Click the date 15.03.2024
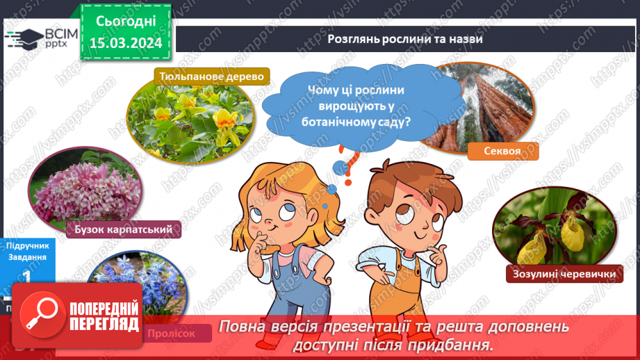[x=126, y=43]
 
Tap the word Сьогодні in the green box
[x=126, y=22]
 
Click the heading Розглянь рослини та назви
[x=405, y=39]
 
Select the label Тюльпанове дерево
[x=211, y=76]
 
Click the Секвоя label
[x=503, y=151]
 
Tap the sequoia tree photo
[x=479, y=104]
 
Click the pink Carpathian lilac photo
[x=83, y=191]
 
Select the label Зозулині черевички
[x=563, y=275]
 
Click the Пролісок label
[x=179, y=334]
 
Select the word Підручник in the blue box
[x=27, y=245]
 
